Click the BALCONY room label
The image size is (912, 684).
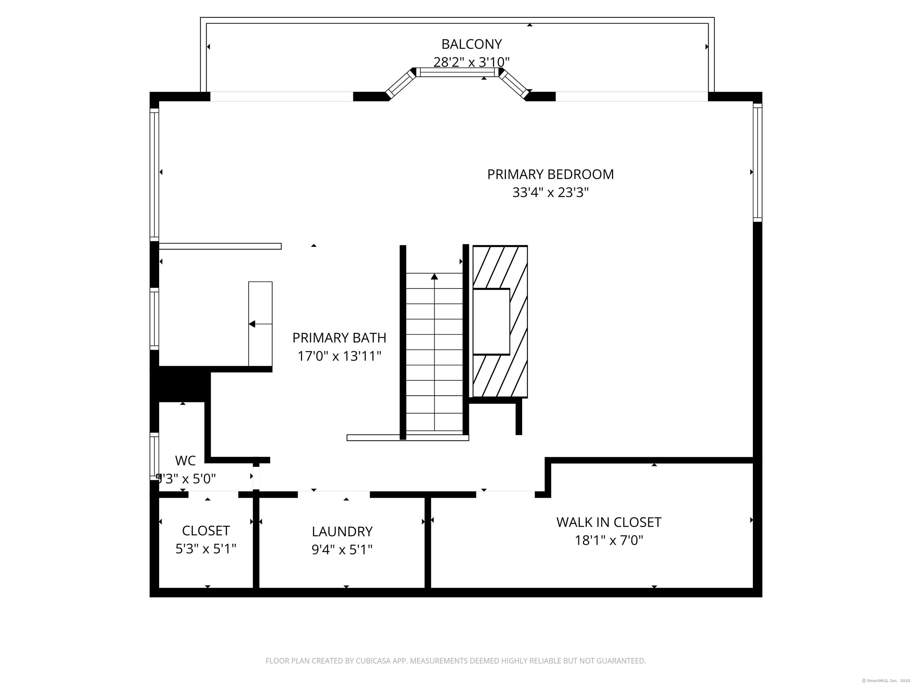[471, 44]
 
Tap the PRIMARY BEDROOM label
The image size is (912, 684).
[550, 174]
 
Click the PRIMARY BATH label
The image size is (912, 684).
[339, 338]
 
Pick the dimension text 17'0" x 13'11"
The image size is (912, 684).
[339, 356]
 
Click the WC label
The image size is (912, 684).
[186, 460]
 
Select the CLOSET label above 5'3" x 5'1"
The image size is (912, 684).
[206, 531]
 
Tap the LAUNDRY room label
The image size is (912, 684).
[342, 531]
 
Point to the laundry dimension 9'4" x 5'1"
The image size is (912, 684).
[342, 550]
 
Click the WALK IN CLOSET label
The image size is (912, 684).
[609, 522]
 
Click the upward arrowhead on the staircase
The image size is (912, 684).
[434, 276]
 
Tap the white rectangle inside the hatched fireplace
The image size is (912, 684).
[491, 322]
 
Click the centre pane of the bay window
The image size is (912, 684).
[458, 72]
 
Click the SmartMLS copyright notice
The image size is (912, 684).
[886, 680]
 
